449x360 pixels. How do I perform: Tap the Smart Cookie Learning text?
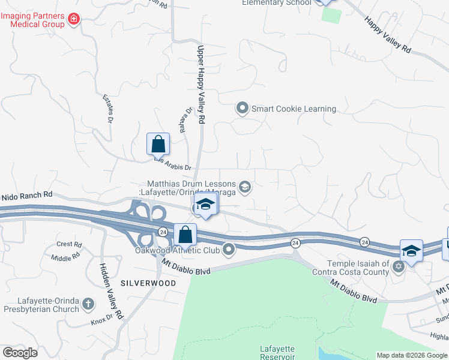pos(294,109)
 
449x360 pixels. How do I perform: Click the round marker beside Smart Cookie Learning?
pos(243,109)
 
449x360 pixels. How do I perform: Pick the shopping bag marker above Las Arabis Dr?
pos(158,144)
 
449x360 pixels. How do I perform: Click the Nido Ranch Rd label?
pos(26,195)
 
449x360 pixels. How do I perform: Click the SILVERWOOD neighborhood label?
pos(148,283)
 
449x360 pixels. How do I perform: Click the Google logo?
pos(20,352)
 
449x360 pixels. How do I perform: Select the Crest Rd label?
pos(68,244)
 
